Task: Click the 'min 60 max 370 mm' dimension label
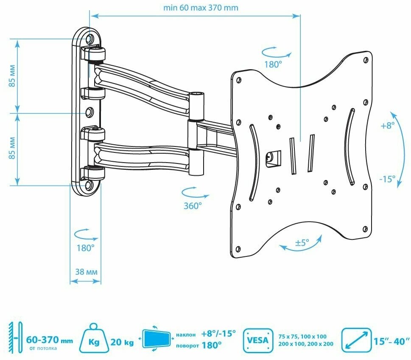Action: coord(201,8)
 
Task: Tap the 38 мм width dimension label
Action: coord(85,272)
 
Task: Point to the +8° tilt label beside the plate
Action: coord(387,126)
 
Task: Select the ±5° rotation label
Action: coord(302,243)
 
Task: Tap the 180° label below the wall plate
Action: coord(85,247)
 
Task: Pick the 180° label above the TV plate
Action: coord(274,65)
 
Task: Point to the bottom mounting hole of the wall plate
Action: coord(90,186)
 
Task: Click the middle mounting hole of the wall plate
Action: coord(90,112)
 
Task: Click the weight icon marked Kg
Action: coord(95,340)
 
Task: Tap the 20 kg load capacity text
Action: coord(122,340)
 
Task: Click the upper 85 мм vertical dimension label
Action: coord(13,76)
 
